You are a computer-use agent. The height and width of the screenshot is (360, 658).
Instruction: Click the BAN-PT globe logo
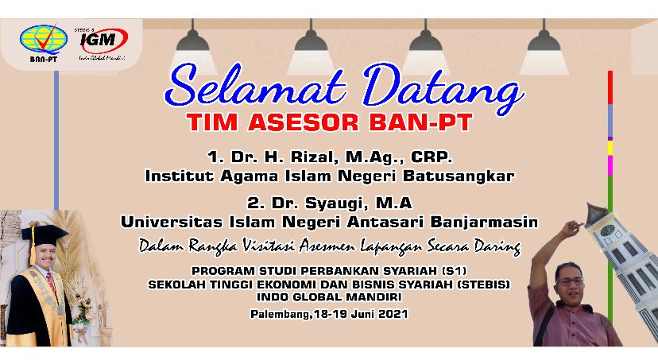[x=43, y=41]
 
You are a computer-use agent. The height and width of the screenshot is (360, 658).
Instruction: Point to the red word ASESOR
[x=304, y=122]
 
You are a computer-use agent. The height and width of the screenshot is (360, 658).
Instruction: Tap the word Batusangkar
[x=459, y=176]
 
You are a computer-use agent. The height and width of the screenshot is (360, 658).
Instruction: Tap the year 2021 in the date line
[x=393, y=314]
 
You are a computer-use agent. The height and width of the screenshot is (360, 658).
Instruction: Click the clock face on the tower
[x=607, y=230]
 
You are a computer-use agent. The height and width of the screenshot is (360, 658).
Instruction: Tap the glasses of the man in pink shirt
[x=570, y=281]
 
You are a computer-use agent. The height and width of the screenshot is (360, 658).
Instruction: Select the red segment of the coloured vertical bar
[x=610, y=87]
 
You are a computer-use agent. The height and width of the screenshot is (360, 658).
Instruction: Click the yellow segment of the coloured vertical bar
[x=610, y=148]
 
